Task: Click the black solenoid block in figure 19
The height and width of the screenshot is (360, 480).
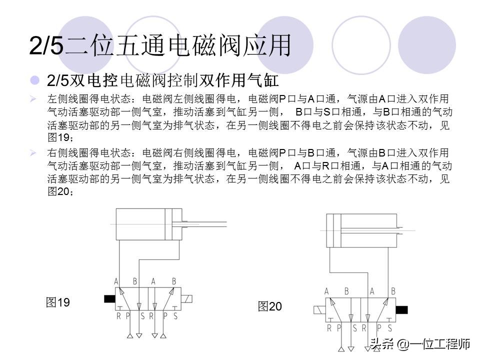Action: point(109,299)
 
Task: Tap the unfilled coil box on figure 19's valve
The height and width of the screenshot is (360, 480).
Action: point(187,299)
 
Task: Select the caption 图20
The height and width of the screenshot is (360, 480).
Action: point(270,306)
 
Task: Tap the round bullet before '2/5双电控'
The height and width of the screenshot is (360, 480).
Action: point(34,80)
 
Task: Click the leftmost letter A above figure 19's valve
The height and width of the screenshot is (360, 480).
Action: point(116,281)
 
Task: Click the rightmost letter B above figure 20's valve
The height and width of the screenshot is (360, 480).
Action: point(393,291)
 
